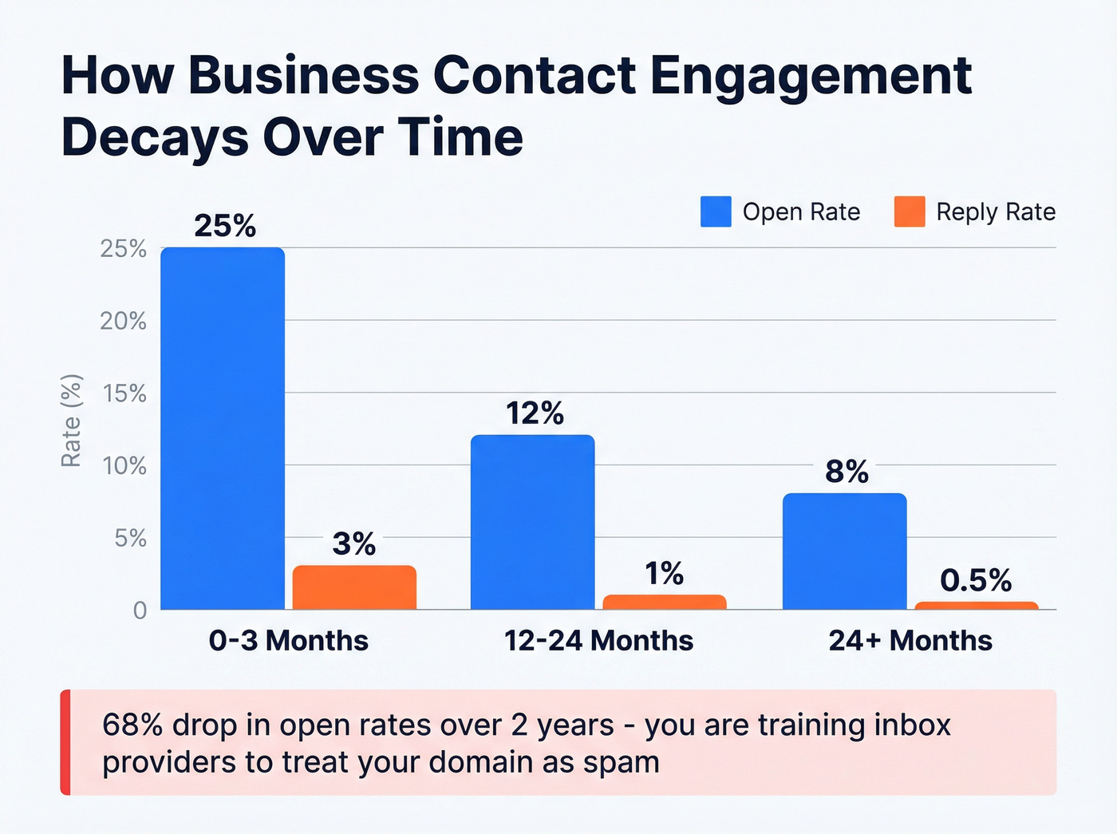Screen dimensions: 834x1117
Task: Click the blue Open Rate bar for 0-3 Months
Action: point(223,429)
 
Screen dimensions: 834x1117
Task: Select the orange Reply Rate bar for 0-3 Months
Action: point(354,587)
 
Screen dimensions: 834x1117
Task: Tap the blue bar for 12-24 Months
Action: point(532,522)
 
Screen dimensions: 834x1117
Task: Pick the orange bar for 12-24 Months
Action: point(665,602)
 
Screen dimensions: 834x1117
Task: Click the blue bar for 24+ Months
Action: point(844,551)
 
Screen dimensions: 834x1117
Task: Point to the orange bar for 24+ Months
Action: point(976,606)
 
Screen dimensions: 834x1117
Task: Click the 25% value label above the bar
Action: point(225,226)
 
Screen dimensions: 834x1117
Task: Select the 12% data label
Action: point(535,413)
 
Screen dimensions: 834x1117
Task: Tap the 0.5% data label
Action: point(976,580)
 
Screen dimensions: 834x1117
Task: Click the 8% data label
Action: point(847,472)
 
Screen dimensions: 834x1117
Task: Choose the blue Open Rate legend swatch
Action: point(716,211)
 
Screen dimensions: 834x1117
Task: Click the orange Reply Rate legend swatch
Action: point(910,211)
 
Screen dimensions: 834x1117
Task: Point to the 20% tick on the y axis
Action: point(124,321)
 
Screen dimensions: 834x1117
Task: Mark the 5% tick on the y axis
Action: point(130,538)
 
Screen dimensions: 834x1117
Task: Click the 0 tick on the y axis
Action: point(140,611)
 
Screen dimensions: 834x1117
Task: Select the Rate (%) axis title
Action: point(71,421)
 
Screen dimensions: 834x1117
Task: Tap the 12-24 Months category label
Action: point(598,641)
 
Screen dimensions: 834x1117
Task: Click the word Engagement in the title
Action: point(811,76)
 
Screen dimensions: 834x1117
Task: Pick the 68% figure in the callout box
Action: point(132,725)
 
